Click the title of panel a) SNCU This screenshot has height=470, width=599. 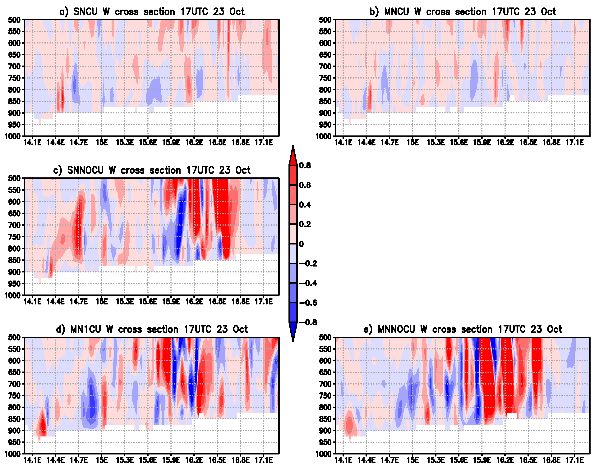pos(152,11)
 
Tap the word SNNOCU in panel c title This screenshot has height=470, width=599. pos(85,170)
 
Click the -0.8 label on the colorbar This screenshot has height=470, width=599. pos(308,322)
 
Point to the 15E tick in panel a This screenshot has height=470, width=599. pos(102,143)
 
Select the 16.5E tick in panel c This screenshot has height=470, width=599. pos(217,302)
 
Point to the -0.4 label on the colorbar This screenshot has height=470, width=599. pos(308,283)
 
